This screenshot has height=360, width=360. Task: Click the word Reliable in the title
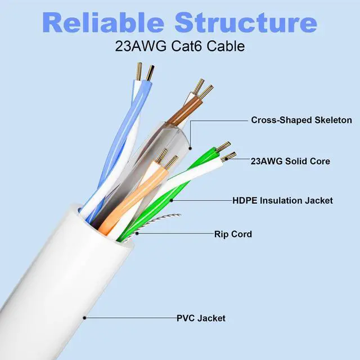coord(103,22)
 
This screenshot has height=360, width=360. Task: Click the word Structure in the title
coord(246,22)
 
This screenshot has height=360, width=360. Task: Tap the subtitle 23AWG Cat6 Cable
coord(180,46)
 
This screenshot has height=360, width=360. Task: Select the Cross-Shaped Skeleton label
coord(301,120)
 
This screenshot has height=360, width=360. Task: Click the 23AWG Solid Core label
coord(290,161)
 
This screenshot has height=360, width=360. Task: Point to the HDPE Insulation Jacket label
coord(282,200)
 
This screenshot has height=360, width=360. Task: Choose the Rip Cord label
coord(233,234)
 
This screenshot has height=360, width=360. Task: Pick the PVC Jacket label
coord(201,318)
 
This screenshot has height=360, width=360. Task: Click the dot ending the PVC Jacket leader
coord(84,318)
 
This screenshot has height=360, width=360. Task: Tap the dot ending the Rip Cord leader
coord(137,233)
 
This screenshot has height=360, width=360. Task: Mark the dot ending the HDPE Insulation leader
coord(171,200)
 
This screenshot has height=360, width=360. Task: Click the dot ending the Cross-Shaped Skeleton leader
coord(190,148)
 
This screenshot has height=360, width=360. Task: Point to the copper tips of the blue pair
coord(145,71)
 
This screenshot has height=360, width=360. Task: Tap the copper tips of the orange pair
coord(166,159)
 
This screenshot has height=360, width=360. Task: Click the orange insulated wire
coord(133,197)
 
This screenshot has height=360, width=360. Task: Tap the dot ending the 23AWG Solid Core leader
coord(226,159)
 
